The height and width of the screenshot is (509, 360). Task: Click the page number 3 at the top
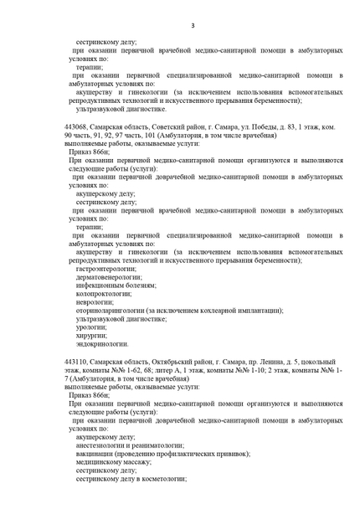(192, 26)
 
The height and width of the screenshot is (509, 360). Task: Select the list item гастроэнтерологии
(104, 269)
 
